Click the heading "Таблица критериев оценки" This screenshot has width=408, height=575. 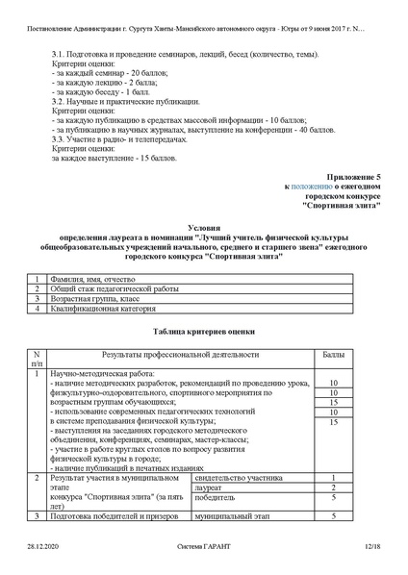pos(203,330)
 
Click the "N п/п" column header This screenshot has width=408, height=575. pos(37,360)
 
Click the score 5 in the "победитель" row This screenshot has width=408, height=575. pos(332,498)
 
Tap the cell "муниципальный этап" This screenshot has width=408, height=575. pos(230,516)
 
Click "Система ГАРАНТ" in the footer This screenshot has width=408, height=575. pos(204,546)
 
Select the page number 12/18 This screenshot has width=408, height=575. pos(371,546)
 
